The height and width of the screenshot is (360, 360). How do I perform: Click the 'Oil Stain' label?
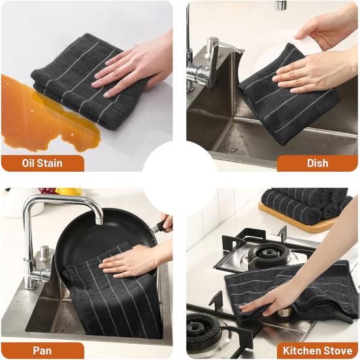click(x=41, y=163)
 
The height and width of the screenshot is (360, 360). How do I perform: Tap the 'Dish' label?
click(x=318, y=163)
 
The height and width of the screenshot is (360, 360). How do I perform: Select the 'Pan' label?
click(x=42, y=351)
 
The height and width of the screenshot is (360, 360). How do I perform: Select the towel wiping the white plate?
click(x=287, y=98)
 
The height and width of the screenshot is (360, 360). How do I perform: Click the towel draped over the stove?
click(x=294, y=287)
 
